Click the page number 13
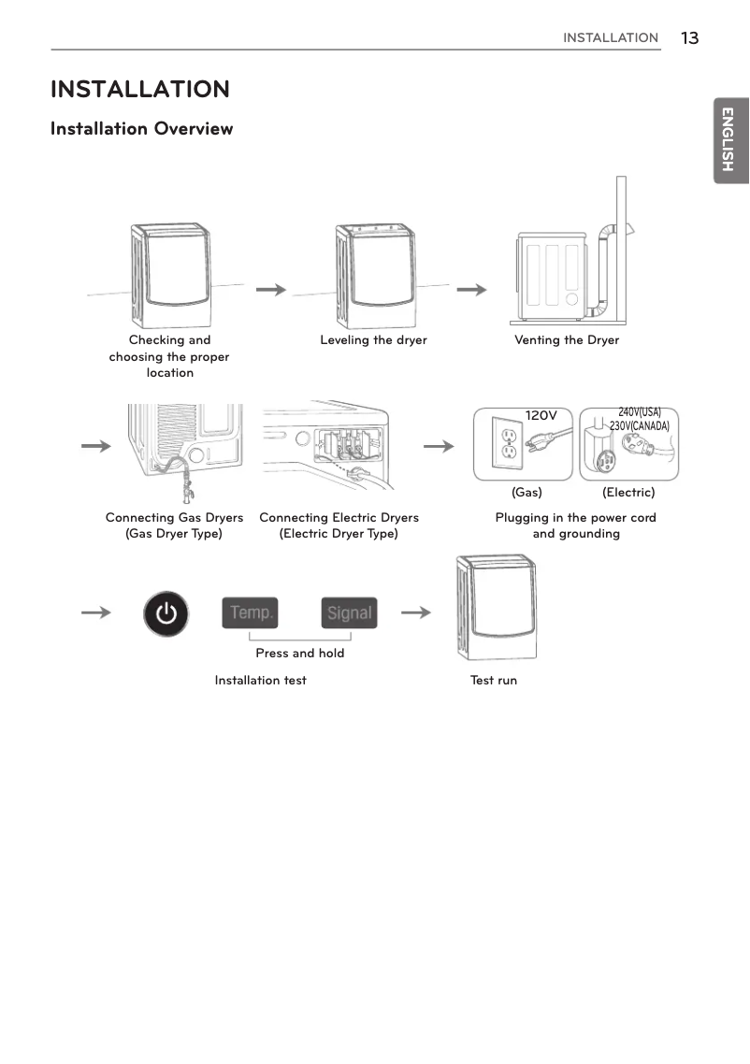pyautogui.click(x=689, y=38)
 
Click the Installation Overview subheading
pyautogui.click(x=141, y=129)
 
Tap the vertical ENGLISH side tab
pyautogui.click(x=730, y=139)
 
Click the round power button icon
pyautogui.click(x=166, y=613)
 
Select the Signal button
pyautogui.click(x=349, y=613)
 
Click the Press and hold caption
pyautogui.click(x=299, y=654)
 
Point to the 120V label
pyautogui.click(x=541, y=415)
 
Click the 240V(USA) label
pyautogui.click(x=640, y=412)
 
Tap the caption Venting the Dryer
pyautogui.click(x=567, y=340)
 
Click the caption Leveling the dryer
pyautogui.click(x=373, y=340)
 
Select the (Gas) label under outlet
pyautogui.click(x=526, y=492)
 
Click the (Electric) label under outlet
pyautogui.click(x=628, y=492)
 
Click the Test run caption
pyautogui.click(x=494, y=681)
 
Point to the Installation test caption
pyautogui.click(x=260, y=681)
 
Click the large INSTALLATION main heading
pyautogui.click(x=139, y=90)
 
